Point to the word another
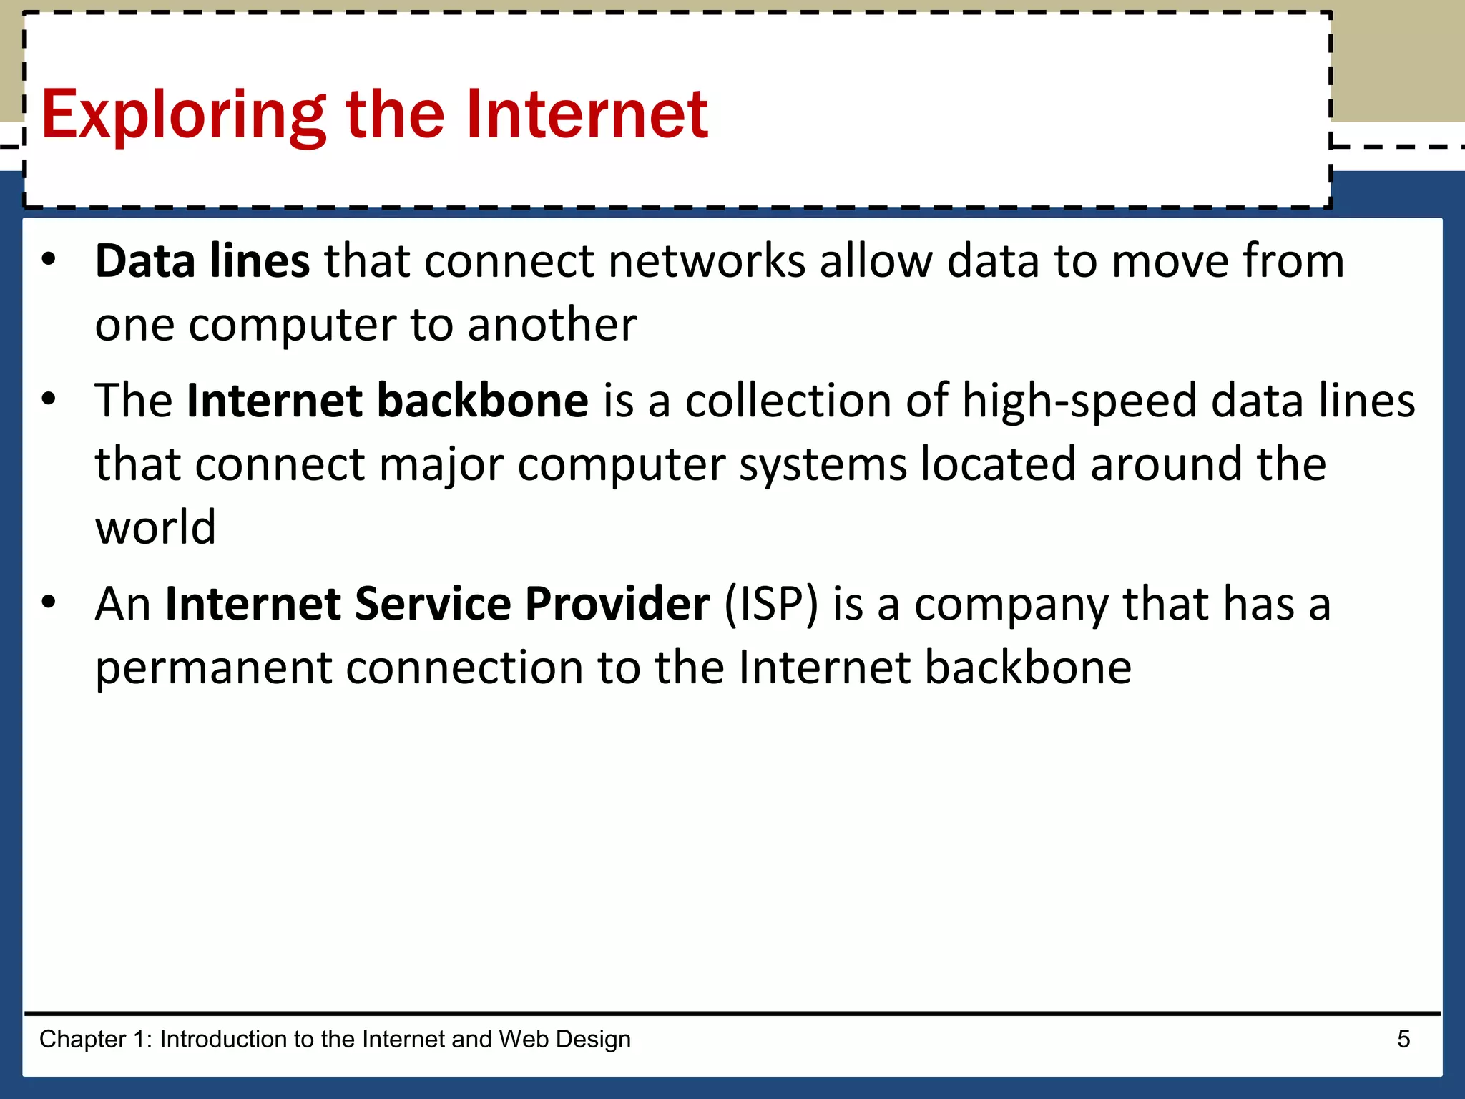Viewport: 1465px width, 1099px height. point(552,325)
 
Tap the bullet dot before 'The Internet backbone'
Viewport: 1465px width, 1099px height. point(48,399)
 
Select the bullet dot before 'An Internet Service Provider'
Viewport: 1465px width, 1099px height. point(48,603)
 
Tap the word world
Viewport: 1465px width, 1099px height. point(155,527)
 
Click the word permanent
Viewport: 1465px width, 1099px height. point(214,668)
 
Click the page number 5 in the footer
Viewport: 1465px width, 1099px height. point(1403,1039)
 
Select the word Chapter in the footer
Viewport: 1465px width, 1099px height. point(82,1039)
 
